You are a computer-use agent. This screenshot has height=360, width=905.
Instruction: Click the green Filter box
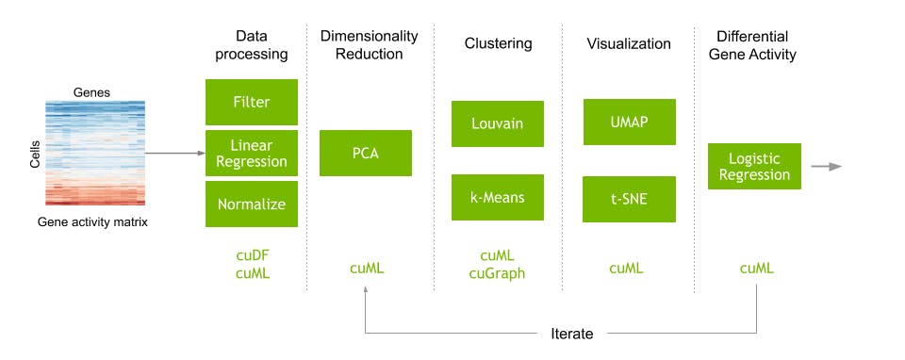tap(252, 101)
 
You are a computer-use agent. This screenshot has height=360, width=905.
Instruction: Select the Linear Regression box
tap(252, 153)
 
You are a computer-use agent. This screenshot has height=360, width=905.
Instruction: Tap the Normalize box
tap(252, 204)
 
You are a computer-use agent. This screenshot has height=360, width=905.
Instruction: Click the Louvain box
tap(497, 123)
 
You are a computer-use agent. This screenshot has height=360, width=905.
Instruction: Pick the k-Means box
tap(497, 197)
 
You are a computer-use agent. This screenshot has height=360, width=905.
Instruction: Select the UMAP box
tap(629, 123)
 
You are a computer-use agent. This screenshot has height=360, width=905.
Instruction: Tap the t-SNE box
tap(629, 199)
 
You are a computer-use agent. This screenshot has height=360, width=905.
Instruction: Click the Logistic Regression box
tap(753, 166)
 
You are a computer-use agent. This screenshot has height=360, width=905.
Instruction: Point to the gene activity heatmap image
tap(96, 153)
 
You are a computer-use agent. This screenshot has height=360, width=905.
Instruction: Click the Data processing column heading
tap(252, 44)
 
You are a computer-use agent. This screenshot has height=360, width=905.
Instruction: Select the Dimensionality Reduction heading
tap(369, 44)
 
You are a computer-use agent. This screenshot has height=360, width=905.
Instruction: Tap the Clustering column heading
tap(498, 43)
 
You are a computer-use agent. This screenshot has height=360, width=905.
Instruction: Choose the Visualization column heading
tap(629, 43)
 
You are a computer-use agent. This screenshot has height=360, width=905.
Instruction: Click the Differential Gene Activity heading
tap(756, 44)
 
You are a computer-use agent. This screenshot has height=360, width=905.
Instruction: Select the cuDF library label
tap(252, 254)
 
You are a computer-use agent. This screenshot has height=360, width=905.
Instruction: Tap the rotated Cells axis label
tap(35, 153)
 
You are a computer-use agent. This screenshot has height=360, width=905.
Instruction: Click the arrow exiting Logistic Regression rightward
tap(827, 167)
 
